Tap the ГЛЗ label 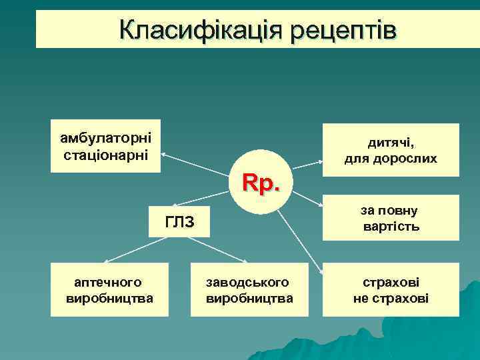tap(179, 221)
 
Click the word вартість tap(391, 227)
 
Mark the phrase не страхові tap(391, 298)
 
